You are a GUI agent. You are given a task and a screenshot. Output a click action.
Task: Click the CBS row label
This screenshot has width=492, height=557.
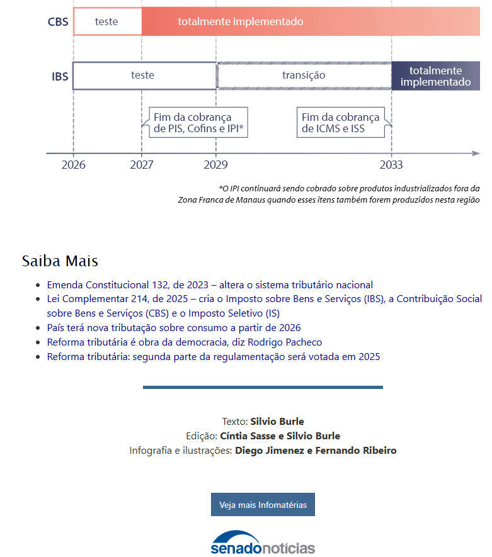click(58, 22)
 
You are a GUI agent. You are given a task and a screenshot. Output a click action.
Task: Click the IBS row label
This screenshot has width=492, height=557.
click(60, 76)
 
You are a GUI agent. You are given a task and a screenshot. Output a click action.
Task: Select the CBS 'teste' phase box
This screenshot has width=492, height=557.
click(107, 21)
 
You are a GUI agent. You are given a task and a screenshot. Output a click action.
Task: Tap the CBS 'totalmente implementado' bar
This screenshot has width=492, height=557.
click(309, 21)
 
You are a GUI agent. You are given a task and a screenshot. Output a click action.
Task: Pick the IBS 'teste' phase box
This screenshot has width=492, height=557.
click(144, 76)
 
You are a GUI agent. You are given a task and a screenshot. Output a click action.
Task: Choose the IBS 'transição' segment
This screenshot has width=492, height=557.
click(304, 76)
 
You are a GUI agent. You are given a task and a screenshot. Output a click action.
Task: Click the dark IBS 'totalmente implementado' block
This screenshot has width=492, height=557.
click(435, 76)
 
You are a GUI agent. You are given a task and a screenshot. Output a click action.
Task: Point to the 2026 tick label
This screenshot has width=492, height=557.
click(73, 165)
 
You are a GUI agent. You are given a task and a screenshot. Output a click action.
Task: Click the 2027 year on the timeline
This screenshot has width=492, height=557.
click(142, 165)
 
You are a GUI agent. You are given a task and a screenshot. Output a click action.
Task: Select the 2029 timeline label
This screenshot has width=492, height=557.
click(216, 165)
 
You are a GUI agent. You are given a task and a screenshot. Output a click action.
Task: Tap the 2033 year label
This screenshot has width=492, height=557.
click(391, 165)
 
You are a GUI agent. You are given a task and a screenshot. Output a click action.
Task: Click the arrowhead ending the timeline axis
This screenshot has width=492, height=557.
click(476, 153)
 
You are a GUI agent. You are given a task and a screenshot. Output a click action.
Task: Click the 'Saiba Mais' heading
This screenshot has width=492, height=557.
click(60, 261)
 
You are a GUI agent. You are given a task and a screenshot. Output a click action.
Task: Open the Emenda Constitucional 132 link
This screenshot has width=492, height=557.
click(210, 284)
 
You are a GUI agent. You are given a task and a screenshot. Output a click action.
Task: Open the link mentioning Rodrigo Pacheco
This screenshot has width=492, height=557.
click(184, 342)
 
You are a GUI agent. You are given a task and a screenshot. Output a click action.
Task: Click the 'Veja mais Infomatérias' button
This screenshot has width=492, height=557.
click(263, 505)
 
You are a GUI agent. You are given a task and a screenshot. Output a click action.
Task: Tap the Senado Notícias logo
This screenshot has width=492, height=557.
click(263, 543)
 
